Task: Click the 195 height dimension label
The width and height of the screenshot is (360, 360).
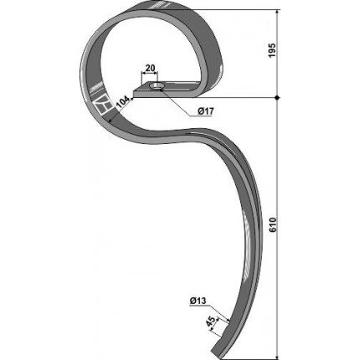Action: [x=272, y=50]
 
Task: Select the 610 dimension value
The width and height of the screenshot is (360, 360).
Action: [x=272, y=225]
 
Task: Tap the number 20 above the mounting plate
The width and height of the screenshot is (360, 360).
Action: [x=150, y=68]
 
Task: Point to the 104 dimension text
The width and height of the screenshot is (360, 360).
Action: [x=123, y=102]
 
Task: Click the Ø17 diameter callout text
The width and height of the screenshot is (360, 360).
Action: [x=206, y=111]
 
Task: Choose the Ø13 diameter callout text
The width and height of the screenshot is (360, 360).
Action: [x=198, y=301]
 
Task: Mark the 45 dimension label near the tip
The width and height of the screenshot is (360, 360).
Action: [x=211, y=322]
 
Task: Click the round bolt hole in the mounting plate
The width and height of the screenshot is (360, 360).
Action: [x=157, y=86]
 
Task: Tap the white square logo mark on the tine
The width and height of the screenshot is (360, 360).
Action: [x=101, y=105]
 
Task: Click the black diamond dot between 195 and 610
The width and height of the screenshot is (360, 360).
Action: [x=277, y=98]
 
